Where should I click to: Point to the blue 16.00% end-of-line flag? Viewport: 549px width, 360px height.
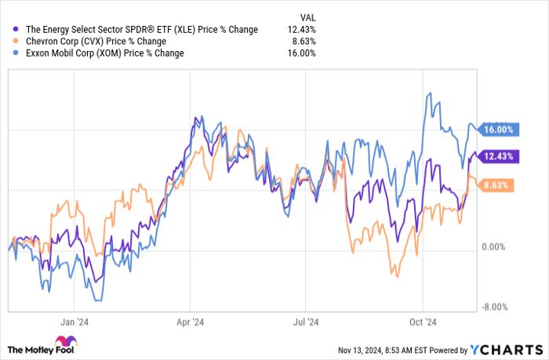coord(498,129)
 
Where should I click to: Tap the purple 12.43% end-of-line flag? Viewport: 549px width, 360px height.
coord(498,156)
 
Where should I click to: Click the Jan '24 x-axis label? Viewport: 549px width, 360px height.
coord(73,321)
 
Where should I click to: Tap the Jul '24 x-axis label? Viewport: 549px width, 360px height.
coord(306,321)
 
